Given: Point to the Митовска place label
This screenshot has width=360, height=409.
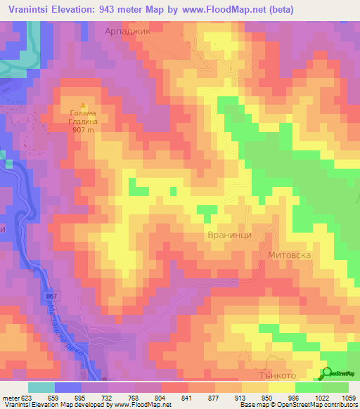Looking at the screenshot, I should pos(289,253).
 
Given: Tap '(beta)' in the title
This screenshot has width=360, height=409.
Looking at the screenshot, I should pos(279,9).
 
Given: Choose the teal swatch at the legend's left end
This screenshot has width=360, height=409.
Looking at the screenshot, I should pos(41,387).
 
